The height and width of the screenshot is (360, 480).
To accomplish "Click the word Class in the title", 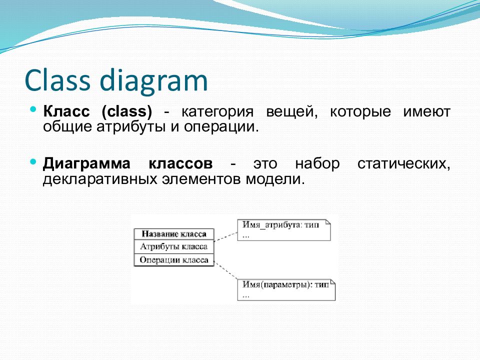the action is (57, 80).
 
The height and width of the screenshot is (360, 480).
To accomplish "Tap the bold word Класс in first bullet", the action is (66, 111).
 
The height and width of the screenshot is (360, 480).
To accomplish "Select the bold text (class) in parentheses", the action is (126, 111).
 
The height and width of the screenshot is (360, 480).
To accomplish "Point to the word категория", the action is (217, 112).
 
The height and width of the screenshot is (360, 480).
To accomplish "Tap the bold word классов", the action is (180, 164).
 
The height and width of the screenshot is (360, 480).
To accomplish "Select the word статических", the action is (404, 164).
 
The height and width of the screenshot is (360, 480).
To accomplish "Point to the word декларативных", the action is (100, 179).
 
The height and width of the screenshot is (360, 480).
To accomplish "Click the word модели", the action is (275, 179).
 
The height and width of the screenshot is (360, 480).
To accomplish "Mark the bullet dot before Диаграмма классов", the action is (33, 161).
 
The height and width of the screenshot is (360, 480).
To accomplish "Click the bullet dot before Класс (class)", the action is (33, 109).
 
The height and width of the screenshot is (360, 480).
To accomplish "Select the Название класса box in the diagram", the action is (174, 234).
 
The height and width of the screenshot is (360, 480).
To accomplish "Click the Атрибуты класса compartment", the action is (174, 246).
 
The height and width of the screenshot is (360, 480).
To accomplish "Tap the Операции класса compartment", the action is (174, 260).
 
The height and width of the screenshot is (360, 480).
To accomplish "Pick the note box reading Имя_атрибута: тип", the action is (284, 230).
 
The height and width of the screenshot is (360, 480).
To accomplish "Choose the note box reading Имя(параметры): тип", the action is (286, 290).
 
